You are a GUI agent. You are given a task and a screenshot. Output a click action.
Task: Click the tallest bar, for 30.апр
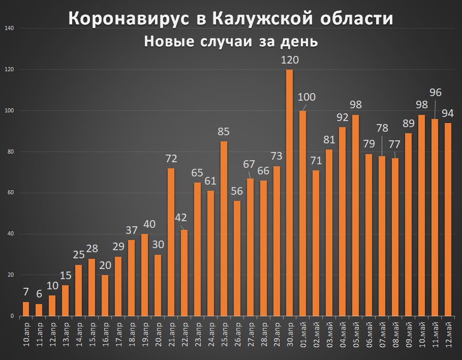(x=290, y=193)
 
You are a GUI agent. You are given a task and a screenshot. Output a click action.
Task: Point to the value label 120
(x=290, y=60)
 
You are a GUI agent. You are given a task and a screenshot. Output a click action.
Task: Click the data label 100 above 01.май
(x=307, y=97)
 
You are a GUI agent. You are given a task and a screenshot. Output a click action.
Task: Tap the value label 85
(x=224, y=131)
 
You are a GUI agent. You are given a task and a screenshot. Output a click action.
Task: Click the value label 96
(x=436, y=93)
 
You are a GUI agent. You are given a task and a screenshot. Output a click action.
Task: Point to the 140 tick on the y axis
(x=9, y=28)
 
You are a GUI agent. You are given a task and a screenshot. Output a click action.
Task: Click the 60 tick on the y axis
(x=11, y=193)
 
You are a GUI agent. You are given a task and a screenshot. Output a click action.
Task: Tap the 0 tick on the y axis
(x=12, y=316)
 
